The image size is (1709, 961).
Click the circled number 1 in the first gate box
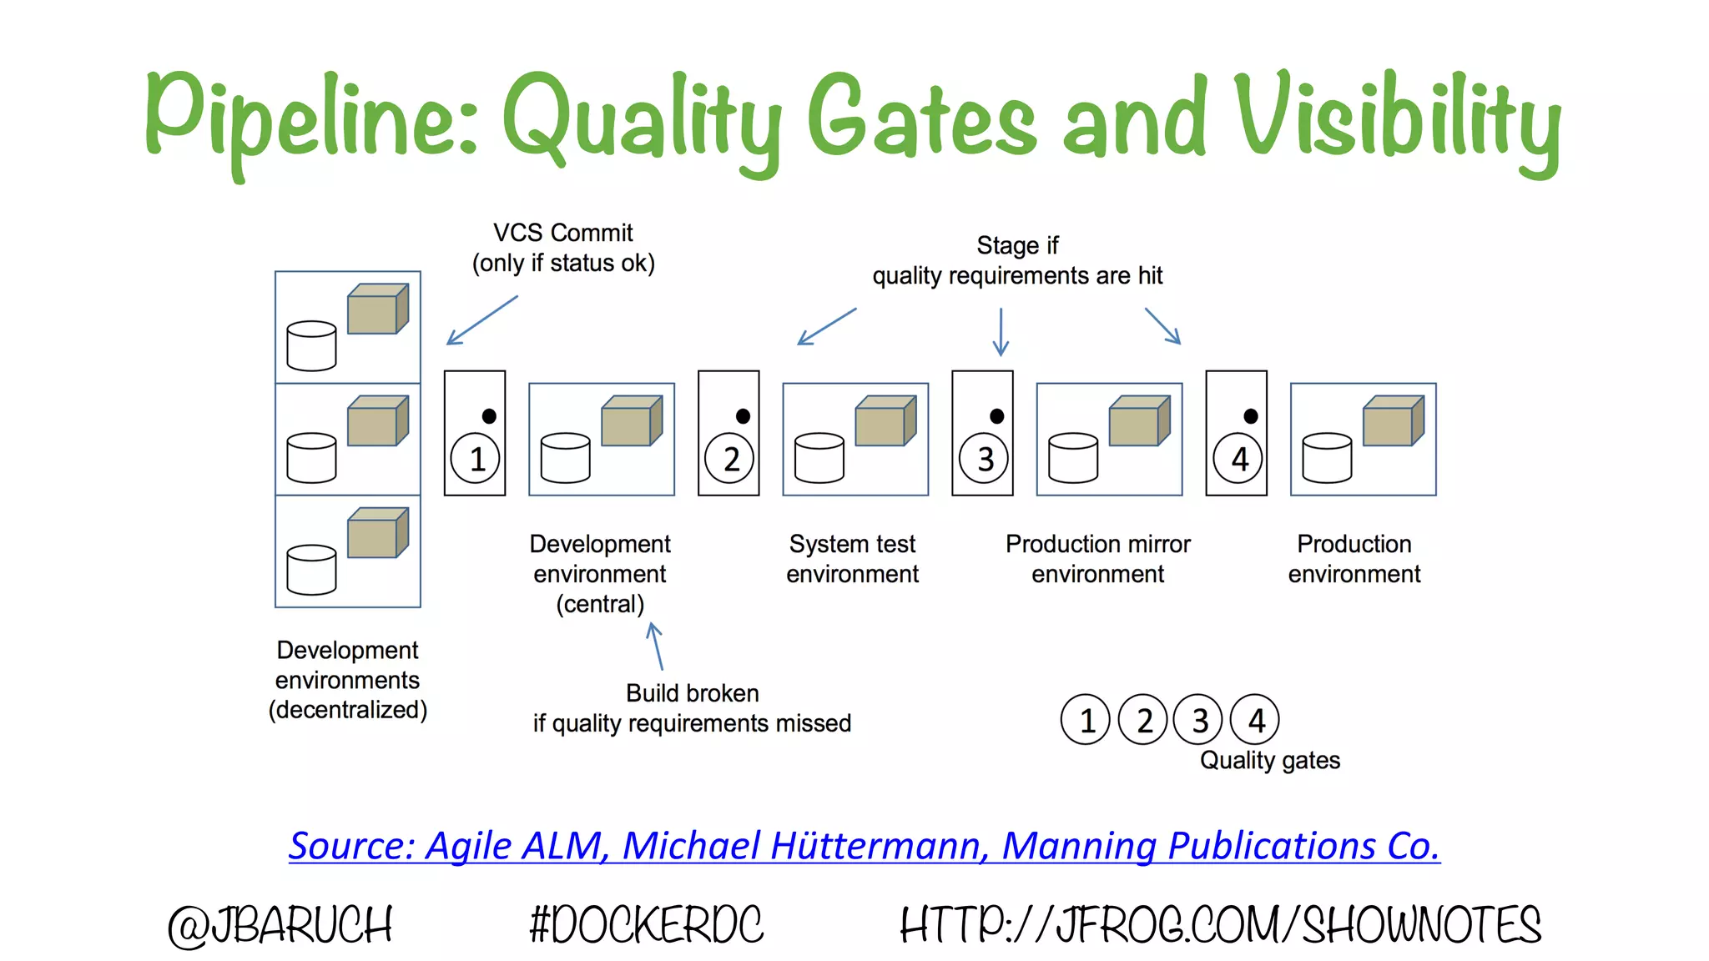(x=476, y=459)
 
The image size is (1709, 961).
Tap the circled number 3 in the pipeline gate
(x=984, y=459)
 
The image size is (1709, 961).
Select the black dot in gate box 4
(x=1250, y=416)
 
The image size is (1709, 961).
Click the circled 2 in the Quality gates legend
(x=1143, y=720)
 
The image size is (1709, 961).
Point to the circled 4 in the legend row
(x=1255, y=720)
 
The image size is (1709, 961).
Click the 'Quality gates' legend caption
(x=1269, y=760)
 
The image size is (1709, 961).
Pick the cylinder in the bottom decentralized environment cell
(x=311, y=570)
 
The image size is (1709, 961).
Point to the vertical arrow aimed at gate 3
(x=1001, y=331)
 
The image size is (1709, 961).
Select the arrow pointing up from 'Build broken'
(x=657, y=646)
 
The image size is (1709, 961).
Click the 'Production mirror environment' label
(x=1097, y=559)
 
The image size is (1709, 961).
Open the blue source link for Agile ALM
(x=864, y=846)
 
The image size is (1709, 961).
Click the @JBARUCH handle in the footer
(x=280, y=925)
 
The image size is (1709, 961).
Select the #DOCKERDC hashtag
(x=646, y=925)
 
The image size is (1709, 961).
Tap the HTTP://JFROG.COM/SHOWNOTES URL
(x=1220, y=925)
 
